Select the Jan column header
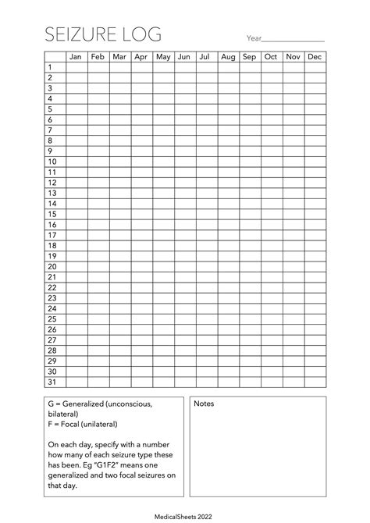pyautogui.click(x=76, y=57)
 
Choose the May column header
pyautogui.click(x=163, y=57)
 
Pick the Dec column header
pyautogui.click(x=315, y=57)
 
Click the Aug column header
pyautogui.click(x=228, y=57)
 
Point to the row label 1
pyautogui.click(x=50, y=67)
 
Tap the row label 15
pyautogui.click(x=52, y=213)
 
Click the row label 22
pyautogui.click(x=52, y=286)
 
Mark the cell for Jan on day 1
pyautogui.click(x=76, y=67)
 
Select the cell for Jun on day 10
pyautogui.click(x=185, y=161)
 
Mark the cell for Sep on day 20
pyautogui.click(x=250, y=265)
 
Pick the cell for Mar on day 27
pyautogui.click(x=119, y=339)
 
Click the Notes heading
pyautogui.click(x=204, y=404)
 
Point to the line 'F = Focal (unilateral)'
pyautogui.click(x=83, y=424)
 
